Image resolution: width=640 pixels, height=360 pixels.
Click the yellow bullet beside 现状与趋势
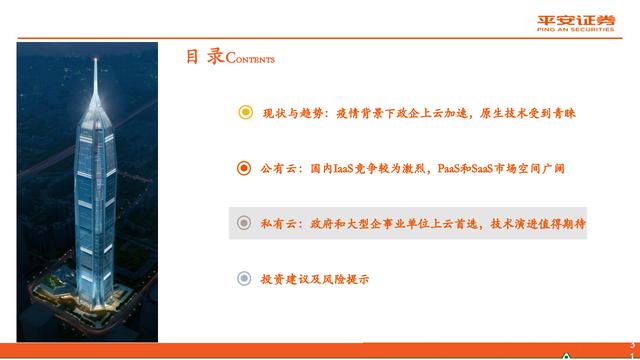point(245,113)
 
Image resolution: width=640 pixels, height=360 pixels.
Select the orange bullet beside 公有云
point(245,168)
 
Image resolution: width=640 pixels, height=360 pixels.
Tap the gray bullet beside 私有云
point(245,224)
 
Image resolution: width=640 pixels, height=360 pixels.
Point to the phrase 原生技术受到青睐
point(531,113)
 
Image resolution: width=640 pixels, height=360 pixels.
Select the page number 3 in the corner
point(630,343)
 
